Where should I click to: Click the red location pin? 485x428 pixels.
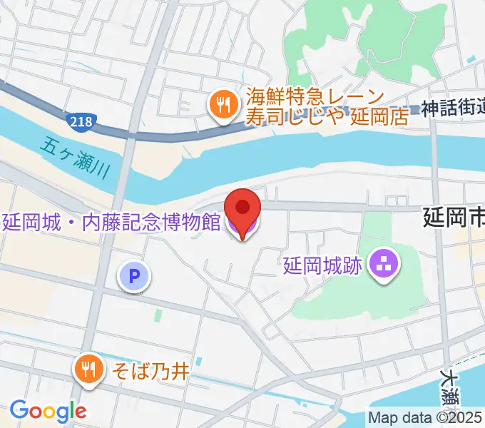point(242,209)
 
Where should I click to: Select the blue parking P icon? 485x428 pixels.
point(134,275)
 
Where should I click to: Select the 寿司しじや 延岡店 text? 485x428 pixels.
point(327,116)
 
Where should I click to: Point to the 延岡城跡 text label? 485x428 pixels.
point(323,266)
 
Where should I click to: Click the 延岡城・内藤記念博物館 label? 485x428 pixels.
point(111,221)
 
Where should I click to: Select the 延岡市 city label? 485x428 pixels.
point(454,216)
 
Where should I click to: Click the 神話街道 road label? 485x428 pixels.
point(452,108)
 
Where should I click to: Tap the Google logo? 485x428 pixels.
point(48,411)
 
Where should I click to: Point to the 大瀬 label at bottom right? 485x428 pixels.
point(449,386)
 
